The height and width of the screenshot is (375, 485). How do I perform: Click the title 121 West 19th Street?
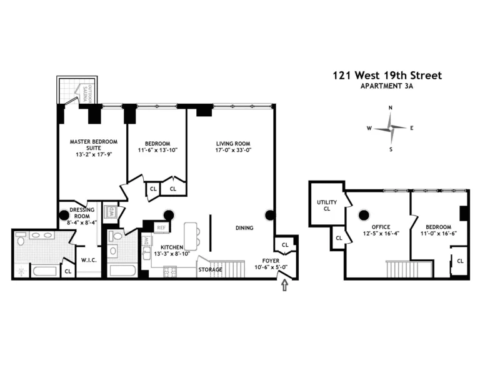click(387, 76)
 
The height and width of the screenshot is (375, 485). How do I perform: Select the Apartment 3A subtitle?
click(387, 87)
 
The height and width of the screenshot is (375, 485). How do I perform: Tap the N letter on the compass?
click(391, 108)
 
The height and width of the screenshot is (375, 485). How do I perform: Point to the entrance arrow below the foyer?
click(286, 285)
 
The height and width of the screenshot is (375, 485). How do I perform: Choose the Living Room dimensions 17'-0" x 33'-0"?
click(232, 150)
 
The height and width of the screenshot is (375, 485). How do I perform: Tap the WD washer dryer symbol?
click(111, 211)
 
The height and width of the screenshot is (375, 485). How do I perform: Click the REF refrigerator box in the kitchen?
click(161, 228)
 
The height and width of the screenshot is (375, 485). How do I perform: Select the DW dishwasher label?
click(146, 240)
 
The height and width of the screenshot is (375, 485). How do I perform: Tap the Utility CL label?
click(326, 205)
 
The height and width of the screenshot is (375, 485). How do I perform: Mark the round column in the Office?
click(363, 216)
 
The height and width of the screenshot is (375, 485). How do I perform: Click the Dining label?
click(244, 228)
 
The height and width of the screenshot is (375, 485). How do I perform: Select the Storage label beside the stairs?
click(210, 269)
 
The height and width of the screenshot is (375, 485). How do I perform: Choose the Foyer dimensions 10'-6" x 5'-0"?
click(271, 267)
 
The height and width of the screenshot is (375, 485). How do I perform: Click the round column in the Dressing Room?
click(64, 215)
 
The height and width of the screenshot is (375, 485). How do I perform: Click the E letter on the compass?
click(412, 128)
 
